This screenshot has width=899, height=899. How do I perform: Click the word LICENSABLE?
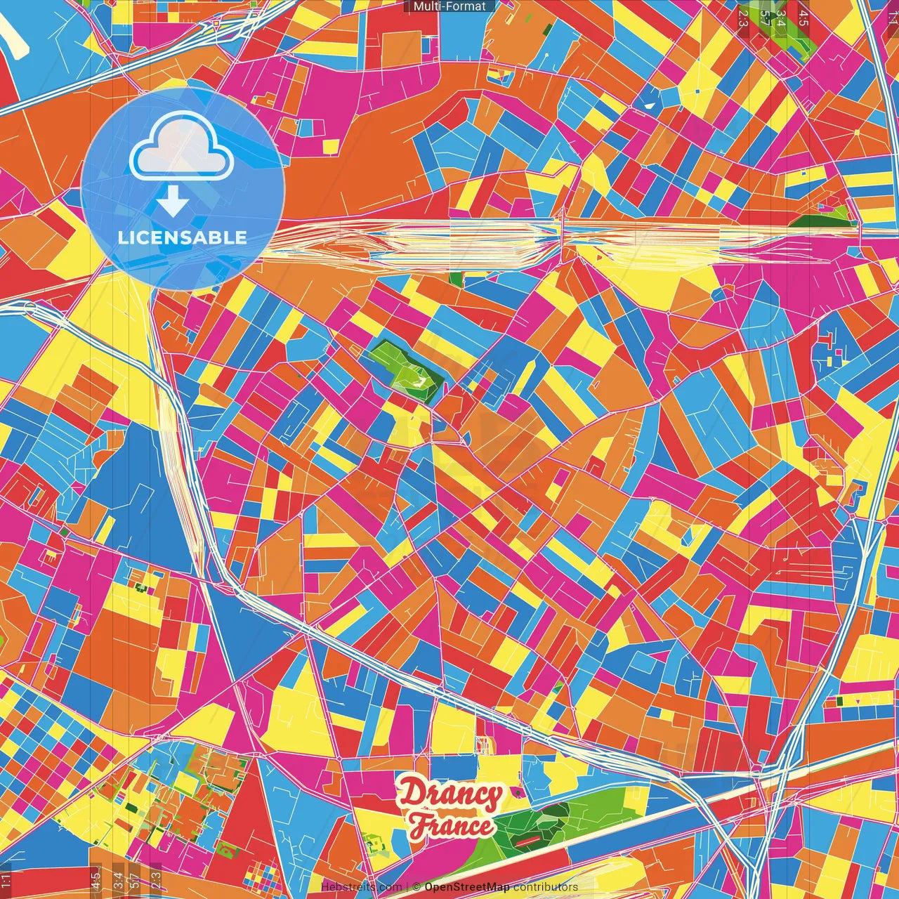tap(183, 237)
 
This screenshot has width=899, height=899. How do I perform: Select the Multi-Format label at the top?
tap(449, 6)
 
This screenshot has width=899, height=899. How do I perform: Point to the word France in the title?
tap(451, 826)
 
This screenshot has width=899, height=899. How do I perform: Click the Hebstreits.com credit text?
tap(361, 887)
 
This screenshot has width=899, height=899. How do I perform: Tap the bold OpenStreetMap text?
tap(467, 887)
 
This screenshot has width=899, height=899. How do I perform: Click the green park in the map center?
tap(407, 371)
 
